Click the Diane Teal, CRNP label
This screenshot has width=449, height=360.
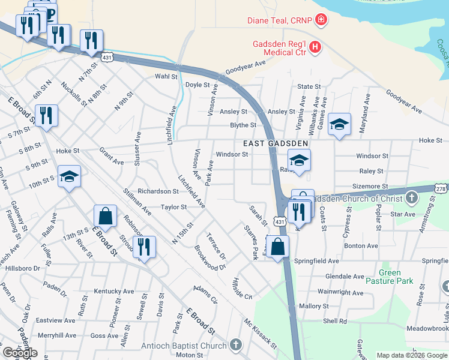(280, 20)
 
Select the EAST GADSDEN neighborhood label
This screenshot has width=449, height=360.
(276, 143)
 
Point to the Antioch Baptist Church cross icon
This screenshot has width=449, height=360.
(236, 345)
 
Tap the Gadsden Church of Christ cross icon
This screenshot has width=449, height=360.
(411, 197)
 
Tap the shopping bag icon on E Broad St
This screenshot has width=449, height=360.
(105, 217)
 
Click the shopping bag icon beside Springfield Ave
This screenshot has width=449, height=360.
(278, 247)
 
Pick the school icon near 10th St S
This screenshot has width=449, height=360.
(70, 176)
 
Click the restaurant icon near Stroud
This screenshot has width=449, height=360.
(144, 247)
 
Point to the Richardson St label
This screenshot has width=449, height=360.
(158, 191)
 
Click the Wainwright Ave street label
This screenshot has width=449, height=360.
(340, 293)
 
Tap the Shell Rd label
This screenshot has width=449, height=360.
(335, 321)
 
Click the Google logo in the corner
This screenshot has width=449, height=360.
(19, 353)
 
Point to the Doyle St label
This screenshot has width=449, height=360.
(197, 85)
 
